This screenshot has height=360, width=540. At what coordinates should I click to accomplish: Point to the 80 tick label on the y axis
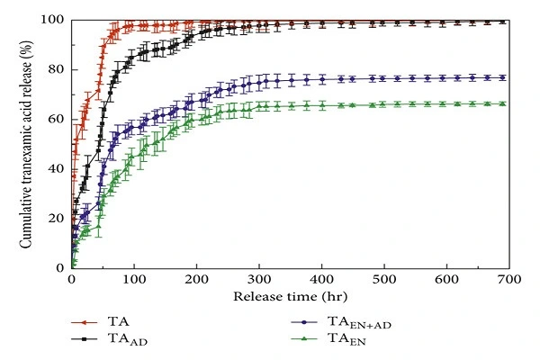(58, 69)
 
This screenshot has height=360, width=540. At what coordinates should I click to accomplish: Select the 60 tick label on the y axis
(58, 119)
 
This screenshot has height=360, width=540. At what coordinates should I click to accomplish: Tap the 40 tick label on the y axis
(58, 168)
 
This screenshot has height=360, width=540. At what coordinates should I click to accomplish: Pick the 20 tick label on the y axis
(58, 218)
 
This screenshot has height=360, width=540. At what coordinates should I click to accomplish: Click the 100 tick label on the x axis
(134, 280)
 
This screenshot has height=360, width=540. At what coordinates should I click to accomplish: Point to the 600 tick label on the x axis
(447, 280)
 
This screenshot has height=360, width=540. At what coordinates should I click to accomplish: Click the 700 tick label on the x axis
(509, 280)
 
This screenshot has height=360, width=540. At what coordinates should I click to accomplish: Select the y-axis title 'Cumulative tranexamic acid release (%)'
(28, 144)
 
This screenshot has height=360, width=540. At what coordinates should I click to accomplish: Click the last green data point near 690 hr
(501, 103)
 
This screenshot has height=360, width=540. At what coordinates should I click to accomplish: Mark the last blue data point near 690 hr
(501, 77)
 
